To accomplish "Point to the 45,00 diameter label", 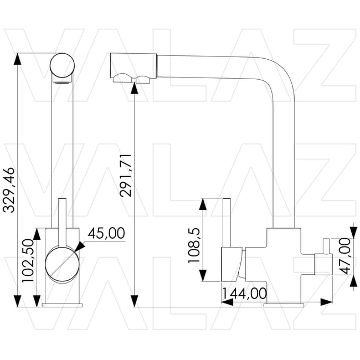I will (106, 234).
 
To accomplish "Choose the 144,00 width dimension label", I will (244, 293).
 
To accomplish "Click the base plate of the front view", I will (62, 305).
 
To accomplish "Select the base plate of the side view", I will (284, 305).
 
